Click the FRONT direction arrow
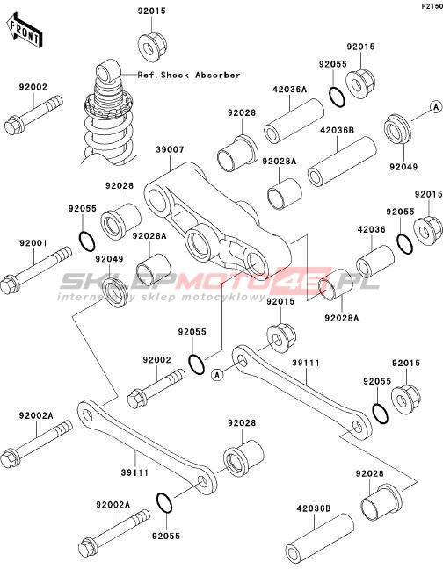pyautogui.click(x=25, y=31)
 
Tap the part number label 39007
pyautogui.click(x=170, y=149)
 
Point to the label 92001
pyautogui.click(x=33, y=242)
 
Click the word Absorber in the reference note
pyautogui.click(x=217, y=76)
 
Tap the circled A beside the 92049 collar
pyautogui.click(x=435, y=107)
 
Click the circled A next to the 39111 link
pyautogui.click(x=217, y=374)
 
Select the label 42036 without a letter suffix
pyautogui.click(x=372, y=229)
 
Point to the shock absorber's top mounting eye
pyautogui.click(x=109, y=71)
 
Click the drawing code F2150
pyautogui.click(x=432, y=6)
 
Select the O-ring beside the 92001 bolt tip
pyautogui.click(x=87, y=241)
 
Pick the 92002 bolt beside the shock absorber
pyautogui.click(x=33, y=114)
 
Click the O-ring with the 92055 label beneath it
pyautogui.click(x=164, y=502)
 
